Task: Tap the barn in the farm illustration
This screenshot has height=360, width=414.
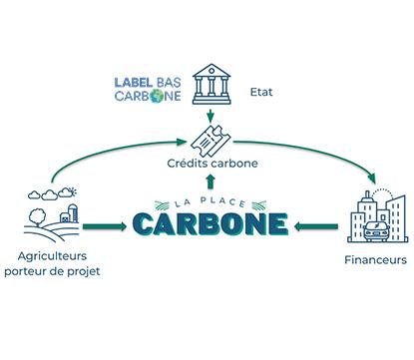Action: pyautogui.click(x=62, y=213)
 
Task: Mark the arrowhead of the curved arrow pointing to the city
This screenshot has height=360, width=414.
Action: pyautogui.click(x=373, y=182)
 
